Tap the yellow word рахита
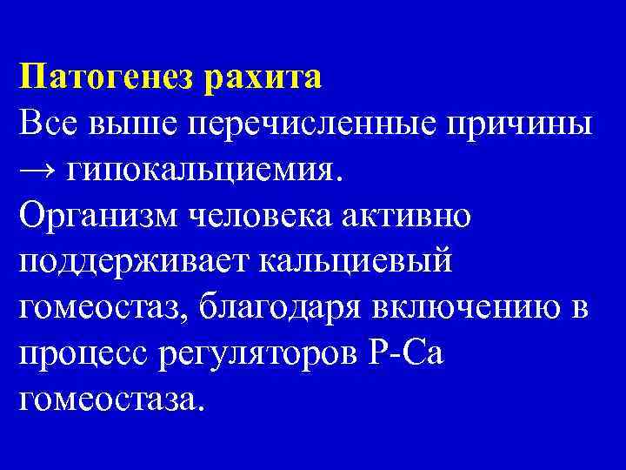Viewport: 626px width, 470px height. point(263,77)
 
